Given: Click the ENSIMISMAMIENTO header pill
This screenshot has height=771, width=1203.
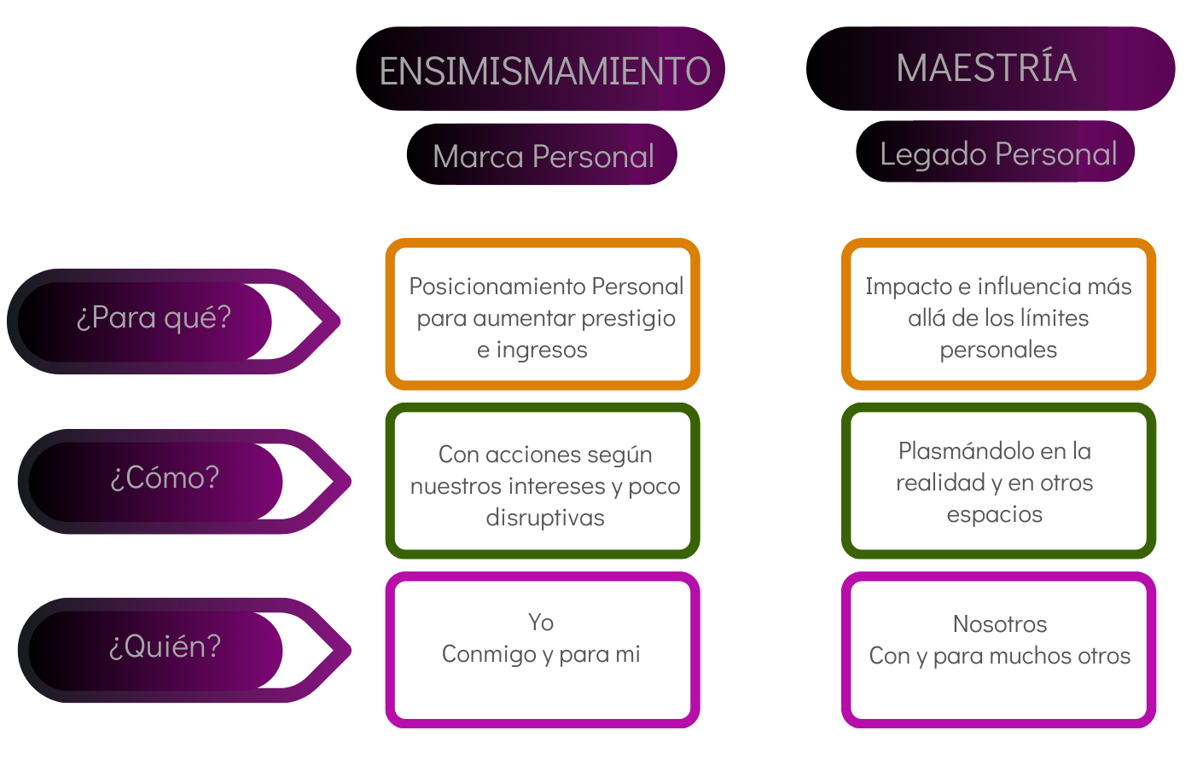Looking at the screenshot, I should tap(540, 69).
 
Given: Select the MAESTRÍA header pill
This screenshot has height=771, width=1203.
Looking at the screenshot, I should tap(990, 68).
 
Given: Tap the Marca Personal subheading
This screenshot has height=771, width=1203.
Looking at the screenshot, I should tap(542, 155).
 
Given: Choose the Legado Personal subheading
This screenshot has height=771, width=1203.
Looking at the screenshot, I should tap(996, 153).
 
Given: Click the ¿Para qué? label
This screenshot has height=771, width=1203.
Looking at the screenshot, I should tap(154, 318).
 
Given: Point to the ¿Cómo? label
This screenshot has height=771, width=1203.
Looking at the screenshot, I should tap(165, 478).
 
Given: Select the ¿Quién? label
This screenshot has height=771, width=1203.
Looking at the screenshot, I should tap(165, 647).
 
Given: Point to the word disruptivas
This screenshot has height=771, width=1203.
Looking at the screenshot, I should tap(545, 518).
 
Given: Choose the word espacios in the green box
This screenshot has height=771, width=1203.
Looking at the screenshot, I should tap(995, 514).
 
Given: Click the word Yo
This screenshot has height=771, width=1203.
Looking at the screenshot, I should tap(541, 623).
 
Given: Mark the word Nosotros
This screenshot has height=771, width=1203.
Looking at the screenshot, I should tap(1000, 624).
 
